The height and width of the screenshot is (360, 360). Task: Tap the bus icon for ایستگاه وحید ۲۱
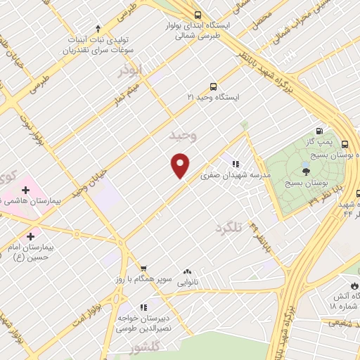[213, 87]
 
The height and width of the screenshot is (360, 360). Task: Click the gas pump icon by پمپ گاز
[320, 131]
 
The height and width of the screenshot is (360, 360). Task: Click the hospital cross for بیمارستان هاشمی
[26, 190]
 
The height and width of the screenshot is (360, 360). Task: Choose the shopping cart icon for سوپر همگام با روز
[143, 268]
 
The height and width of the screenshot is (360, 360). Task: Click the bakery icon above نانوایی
[187, 271]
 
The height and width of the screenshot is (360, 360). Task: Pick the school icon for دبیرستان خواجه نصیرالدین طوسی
[143, 307]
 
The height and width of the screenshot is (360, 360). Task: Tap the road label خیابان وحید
[89, 181]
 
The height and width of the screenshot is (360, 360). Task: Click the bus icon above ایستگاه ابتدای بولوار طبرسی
[198, 13]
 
